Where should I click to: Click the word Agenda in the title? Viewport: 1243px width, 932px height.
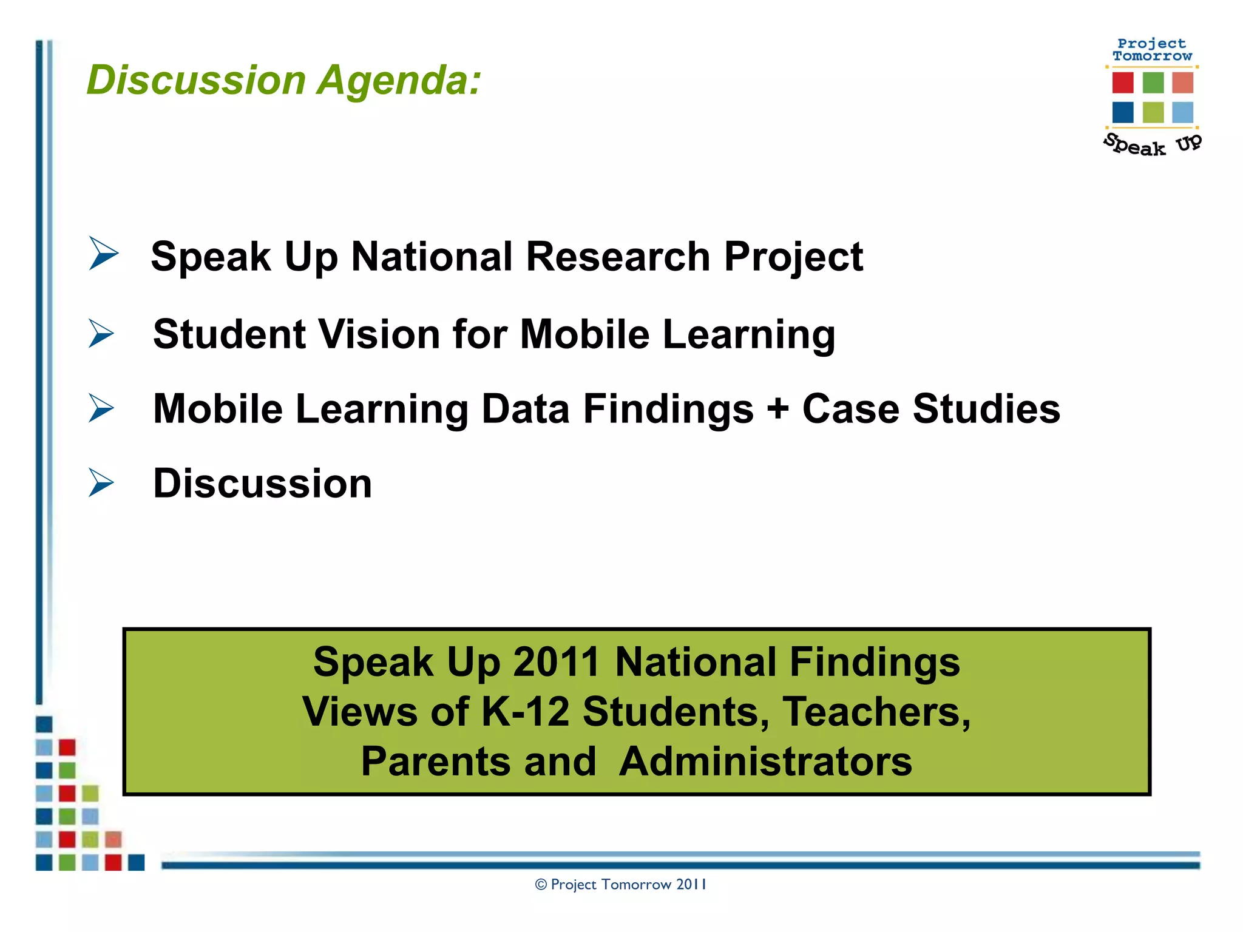point(399,81)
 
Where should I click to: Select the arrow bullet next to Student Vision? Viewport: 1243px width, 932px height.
point(101,333)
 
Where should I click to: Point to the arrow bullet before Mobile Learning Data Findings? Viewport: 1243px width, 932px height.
point(101,408)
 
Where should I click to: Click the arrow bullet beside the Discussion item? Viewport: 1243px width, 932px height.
point(101,482)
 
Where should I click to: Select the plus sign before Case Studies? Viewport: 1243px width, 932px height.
point(777,410)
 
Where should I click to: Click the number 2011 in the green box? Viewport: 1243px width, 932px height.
point(557,662)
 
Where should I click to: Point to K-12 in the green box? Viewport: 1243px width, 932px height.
point(526,712)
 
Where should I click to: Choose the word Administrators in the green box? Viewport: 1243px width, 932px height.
point(765,761)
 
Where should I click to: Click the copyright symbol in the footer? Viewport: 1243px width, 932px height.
point(541,885)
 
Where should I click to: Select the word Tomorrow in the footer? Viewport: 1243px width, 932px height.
point(637,885)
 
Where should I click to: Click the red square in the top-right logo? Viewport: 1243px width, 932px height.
point(1122,83)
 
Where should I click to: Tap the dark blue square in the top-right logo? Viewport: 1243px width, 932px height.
point(1122,112)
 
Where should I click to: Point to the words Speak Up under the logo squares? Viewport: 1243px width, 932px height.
point(1151,145)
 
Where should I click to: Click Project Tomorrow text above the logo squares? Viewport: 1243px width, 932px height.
point(1151,50)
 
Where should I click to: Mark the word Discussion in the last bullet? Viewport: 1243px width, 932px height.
point(262,484)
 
